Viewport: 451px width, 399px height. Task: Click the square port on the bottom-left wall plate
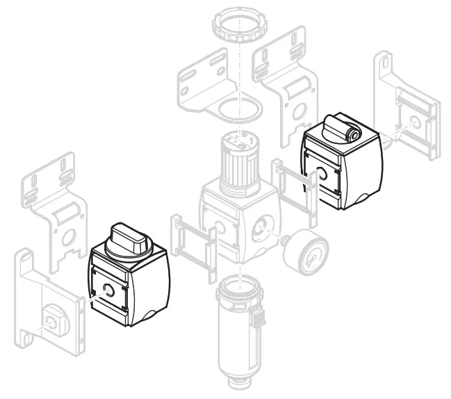(x=52, y=321)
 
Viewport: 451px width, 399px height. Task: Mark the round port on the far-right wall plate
(x=415, y=122)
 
